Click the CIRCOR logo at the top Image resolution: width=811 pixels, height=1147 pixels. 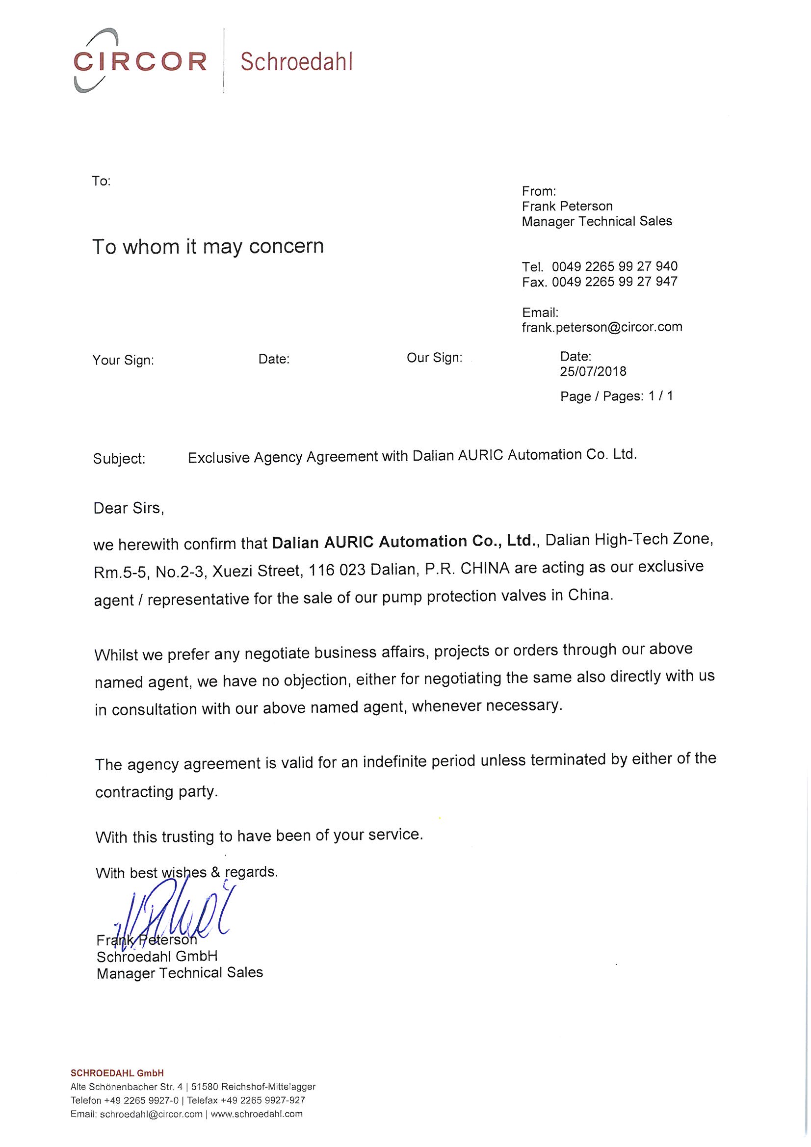[x=139, y=61]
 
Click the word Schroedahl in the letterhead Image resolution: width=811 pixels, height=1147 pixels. [x=296, y=62]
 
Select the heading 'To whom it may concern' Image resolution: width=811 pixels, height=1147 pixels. [x=208, y=246]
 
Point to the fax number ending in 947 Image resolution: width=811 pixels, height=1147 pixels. [x=614, y=282]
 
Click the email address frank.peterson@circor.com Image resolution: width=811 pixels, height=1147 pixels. [x=602, y=327]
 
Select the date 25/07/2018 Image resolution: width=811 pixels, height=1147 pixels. [x=593, y=371]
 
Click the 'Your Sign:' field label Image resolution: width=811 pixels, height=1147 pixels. [x=123, y=360]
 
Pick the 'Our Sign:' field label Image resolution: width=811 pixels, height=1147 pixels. [x=434, y=358]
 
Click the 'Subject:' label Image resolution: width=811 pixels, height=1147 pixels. [x=119, y=459]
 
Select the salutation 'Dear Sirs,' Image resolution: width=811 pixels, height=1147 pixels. [x=129, y=509]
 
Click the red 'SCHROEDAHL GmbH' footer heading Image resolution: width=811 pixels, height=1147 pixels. [x=117, y=1072]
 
